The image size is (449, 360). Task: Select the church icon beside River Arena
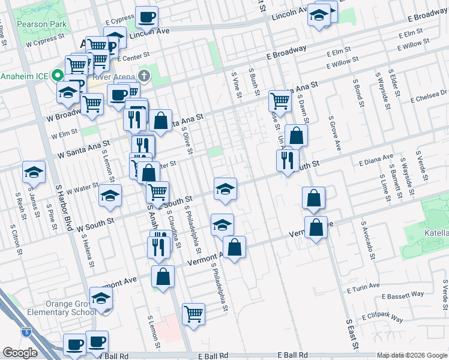coord(143,76)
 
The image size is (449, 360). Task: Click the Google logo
coord(20,353)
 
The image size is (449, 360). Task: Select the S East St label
coord(352,336)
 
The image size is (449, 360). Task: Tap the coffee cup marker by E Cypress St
coord(146,17)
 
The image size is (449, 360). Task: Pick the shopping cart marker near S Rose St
coord(280,100)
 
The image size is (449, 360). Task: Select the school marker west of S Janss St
coord(34,172)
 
